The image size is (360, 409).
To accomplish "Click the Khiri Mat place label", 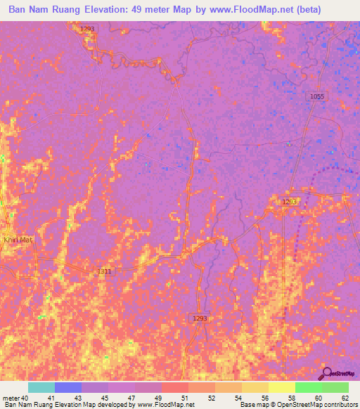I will click(x=18, y=240).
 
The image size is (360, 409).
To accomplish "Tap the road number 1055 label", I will click(x=317, y=96).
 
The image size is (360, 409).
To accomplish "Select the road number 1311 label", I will click(x=104, y=271).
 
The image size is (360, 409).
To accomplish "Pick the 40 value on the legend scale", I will click(x=25, y=398).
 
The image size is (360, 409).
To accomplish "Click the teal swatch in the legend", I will click(x=41, y=387).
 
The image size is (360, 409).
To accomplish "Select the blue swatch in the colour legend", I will click(x=68, y=387).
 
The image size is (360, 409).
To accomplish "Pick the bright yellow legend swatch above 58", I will click(x=281, y=387).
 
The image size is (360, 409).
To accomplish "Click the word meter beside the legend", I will click(x=11, y=398).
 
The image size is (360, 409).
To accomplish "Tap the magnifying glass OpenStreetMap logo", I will click(x=326, y=373).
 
